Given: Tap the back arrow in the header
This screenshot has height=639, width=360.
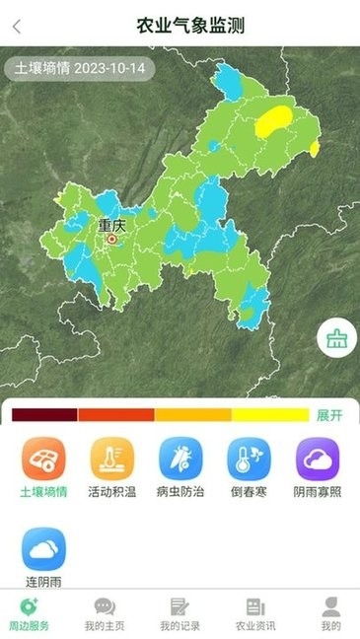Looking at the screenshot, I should tap(16, 26).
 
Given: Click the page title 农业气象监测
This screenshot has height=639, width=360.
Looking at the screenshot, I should tap(190, 26).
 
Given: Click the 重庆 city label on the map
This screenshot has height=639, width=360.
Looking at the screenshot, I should tap(112, 225).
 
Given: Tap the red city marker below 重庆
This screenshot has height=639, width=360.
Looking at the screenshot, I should tap(112, 239).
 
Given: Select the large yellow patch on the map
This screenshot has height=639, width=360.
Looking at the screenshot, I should tap(275, 121).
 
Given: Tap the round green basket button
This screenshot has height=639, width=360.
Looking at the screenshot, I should tap(337, 340).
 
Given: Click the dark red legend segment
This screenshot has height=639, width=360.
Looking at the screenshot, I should tap(44, 415).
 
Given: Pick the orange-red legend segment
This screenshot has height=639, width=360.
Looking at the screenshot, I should tap(116, 415).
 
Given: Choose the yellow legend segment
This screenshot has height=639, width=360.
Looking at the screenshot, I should tap(270, 415).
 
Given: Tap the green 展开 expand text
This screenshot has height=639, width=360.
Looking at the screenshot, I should tap(329, 415).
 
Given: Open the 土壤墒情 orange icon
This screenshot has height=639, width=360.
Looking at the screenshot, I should tap(43, 459).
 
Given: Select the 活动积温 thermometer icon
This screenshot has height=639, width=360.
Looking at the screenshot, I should tap(112, 459).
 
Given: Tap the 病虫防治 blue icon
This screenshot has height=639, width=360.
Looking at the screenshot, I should tap(180, 459).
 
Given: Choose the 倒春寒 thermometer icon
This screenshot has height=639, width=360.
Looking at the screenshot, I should tap(250, 459).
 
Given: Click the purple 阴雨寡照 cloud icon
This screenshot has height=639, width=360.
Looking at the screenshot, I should tap(318, 459).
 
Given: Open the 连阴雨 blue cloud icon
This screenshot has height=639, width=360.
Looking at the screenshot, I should tap(43, 548).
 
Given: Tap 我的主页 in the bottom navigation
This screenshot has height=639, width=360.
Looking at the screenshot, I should tap(104, 612).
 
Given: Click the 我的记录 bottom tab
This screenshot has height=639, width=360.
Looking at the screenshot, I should tap(180, 612).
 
